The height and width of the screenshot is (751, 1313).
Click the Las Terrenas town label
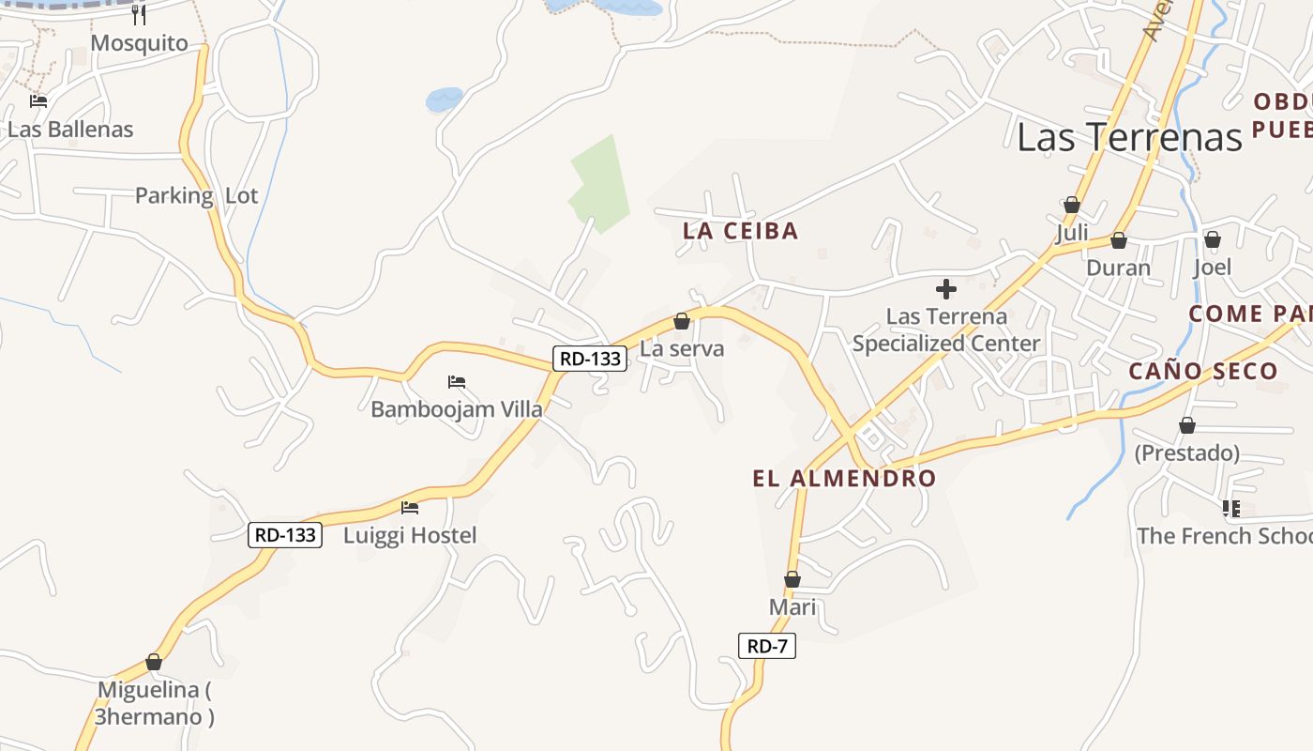1129,137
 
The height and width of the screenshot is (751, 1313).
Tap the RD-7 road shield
767,646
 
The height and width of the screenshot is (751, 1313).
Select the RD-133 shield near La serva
590,358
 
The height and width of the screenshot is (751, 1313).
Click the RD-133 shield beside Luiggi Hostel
285,535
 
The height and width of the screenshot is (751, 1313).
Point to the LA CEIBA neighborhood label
740,231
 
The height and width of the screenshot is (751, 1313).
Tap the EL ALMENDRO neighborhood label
844,479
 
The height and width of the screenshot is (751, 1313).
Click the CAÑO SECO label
1202,371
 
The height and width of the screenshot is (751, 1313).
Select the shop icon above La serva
682,322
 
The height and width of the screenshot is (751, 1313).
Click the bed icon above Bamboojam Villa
457,382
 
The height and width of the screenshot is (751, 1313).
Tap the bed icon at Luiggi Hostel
410,508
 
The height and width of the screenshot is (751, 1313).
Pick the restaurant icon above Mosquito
139,14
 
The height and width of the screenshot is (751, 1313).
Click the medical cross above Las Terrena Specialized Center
946,289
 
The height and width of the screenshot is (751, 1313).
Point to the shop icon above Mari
792,580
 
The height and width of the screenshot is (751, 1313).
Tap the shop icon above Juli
1072,205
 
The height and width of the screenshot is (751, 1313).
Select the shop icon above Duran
1118,241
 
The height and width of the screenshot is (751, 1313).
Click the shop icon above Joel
1212,240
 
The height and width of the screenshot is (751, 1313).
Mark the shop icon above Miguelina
154,663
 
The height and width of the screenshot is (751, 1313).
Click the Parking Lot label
196,195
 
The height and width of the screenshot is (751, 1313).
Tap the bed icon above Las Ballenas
38,101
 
